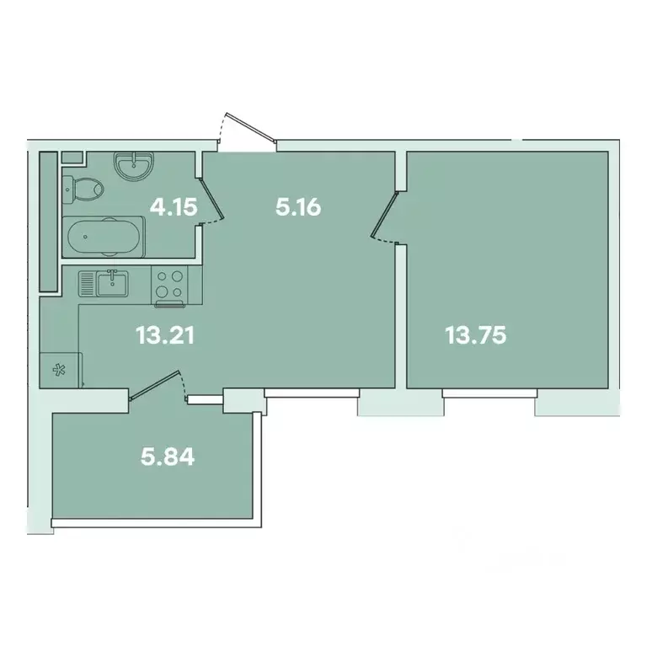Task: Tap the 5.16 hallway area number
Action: click(299, 206)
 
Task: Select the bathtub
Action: click(104, 237)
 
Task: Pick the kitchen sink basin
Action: click(111, 283)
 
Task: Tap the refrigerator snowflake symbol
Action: click(59, 368)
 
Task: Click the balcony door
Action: click(158, 389)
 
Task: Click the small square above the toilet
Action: click(71, 158)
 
